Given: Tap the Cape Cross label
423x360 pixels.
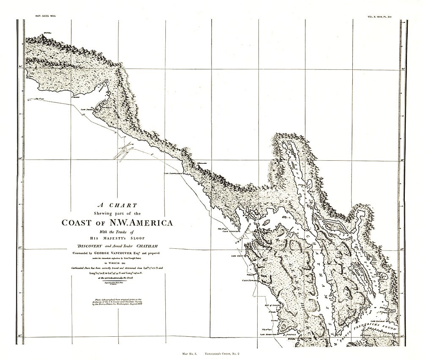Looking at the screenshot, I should pyautogui.click(x=236, y=256).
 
